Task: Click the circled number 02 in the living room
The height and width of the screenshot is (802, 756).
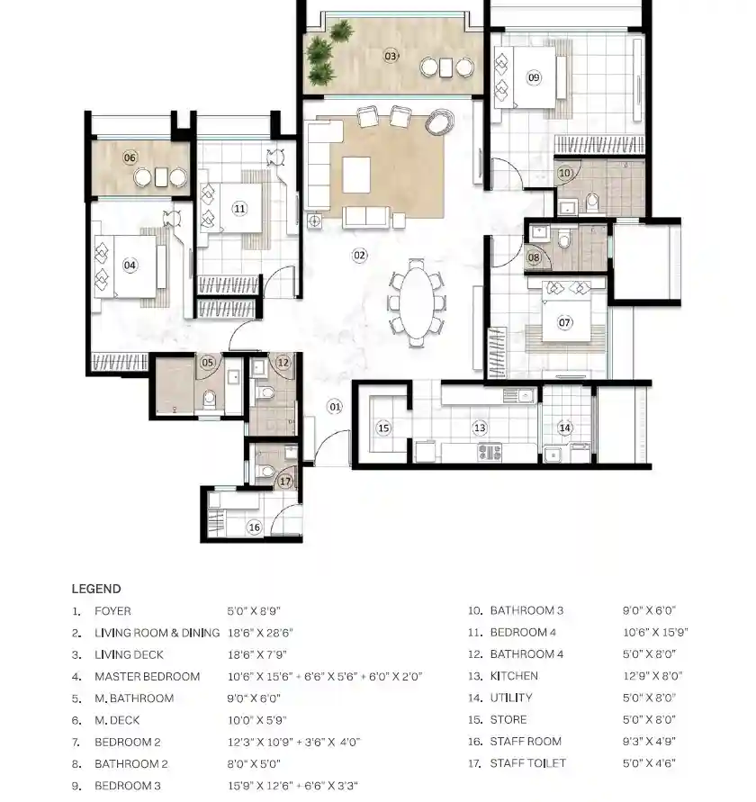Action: click(360, 256)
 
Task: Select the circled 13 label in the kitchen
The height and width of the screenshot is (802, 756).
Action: click(480, 428)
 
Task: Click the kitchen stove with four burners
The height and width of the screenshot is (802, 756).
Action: click(490, 452)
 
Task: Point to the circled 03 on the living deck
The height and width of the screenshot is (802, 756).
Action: click(391, 56)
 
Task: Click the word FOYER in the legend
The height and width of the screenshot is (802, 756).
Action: click(112, 610)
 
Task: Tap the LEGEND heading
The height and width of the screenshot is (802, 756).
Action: click(96, 589)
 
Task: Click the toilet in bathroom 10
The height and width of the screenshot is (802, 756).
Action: click(592, 202)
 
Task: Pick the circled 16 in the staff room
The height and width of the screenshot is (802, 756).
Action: click(254, 527)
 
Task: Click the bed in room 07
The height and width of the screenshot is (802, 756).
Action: click(566, 311)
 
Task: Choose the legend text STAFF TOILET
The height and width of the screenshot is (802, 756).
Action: click(528, 763)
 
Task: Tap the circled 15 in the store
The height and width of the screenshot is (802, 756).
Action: click(383, 428)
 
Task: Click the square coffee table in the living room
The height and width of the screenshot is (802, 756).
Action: click(356, 175)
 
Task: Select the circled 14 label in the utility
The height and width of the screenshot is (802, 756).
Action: click(564, 428)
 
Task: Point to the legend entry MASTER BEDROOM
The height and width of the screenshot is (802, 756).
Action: click(148, 676)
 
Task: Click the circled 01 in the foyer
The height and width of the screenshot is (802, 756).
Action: click(335, 407)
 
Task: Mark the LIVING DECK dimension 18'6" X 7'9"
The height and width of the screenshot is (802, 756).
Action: click(257, 654)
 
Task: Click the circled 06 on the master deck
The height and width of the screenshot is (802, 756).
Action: click(130, 158)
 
